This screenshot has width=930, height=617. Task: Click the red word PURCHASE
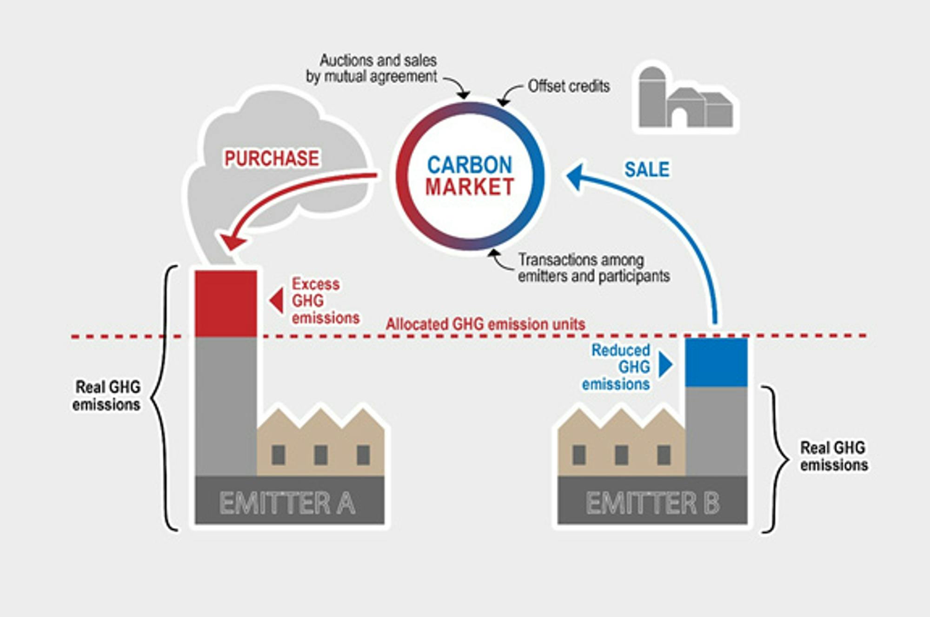272,158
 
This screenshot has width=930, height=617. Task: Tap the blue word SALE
646,169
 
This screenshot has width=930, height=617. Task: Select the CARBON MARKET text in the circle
470,176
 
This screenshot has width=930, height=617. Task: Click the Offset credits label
568,87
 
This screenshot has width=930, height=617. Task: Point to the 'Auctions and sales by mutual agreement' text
372,68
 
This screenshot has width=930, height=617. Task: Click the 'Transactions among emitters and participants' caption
593,268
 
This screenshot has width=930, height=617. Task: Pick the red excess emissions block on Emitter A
226,303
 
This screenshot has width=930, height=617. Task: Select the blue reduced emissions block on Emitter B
716,362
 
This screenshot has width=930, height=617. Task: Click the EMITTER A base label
287,503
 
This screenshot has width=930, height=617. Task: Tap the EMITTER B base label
652,503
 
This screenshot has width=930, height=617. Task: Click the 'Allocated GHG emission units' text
485,324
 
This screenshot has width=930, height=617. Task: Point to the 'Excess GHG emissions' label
325,301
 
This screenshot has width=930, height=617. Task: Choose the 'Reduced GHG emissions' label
617,367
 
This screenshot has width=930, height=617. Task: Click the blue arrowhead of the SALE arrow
576,176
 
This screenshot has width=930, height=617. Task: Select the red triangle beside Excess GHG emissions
277,300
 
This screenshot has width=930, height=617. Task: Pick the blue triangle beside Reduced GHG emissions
665,364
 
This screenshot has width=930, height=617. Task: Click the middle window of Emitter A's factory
320,455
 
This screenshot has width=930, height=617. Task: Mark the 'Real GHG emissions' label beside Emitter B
833,456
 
